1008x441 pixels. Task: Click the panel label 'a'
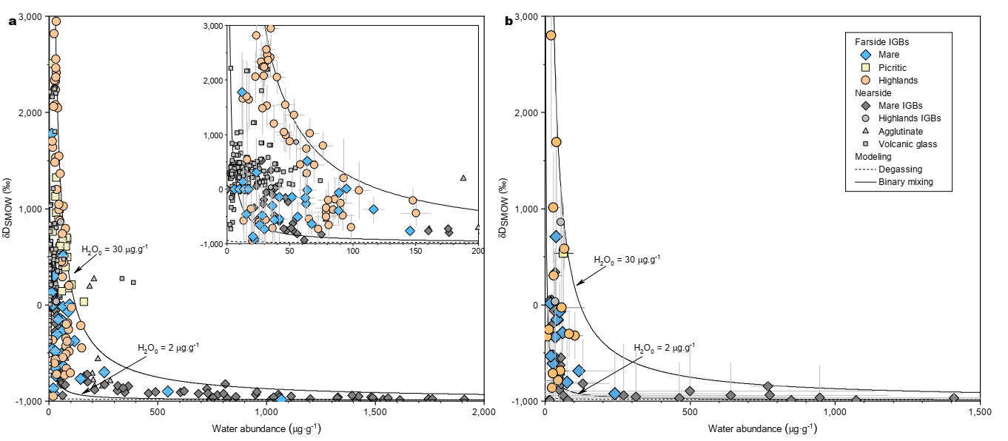pyautogui.click(x=12, y=21)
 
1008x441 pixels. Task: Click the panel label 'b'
pyautogui.click(x=508, y=21)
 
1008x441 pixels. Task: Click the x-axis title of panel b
pyautogui.click(x=762, y=428)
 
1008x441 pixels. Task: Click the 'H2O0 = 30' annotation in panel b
pyautogui.click(x=626, y=260)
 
